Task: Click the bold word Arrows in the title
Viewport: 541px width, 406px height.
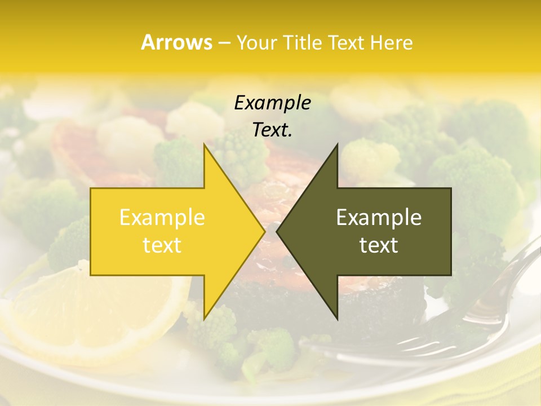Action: (176, 43)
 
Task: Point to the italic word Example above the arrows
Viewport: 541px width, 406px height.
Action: (272, 103)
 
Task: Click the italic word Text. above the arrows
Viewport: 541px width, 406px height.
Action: (272, 130)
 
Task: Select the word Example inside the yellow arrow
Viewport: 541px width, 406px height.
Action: (162, 217)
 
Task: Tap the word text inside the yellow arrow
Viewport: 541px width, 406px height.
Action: (162, 245)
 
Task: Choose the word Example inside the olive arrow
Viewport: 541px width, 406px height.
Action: (379, 217)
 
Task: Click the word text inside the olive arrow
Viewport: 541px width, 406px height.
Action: (379, 245)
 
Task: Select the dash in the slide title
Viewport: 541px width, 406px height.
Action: (224, 43)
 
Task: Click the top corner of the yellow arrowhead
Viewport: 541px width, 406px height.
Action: (204, 145)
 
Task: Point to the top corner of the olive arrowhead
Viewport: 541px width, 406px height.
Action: (337, 145)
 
